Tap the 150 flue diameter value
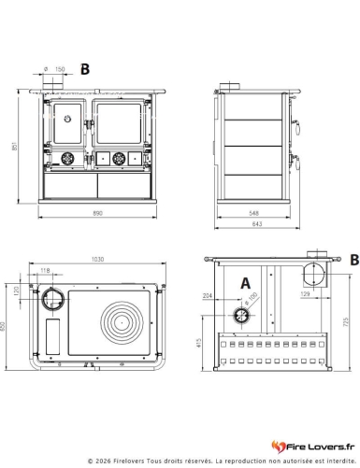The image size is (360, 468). tap(60, 69)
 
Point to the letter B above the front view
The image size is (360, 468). tap(85, 68)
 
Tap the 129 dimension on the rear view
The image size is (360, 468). tap(306, 294)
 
